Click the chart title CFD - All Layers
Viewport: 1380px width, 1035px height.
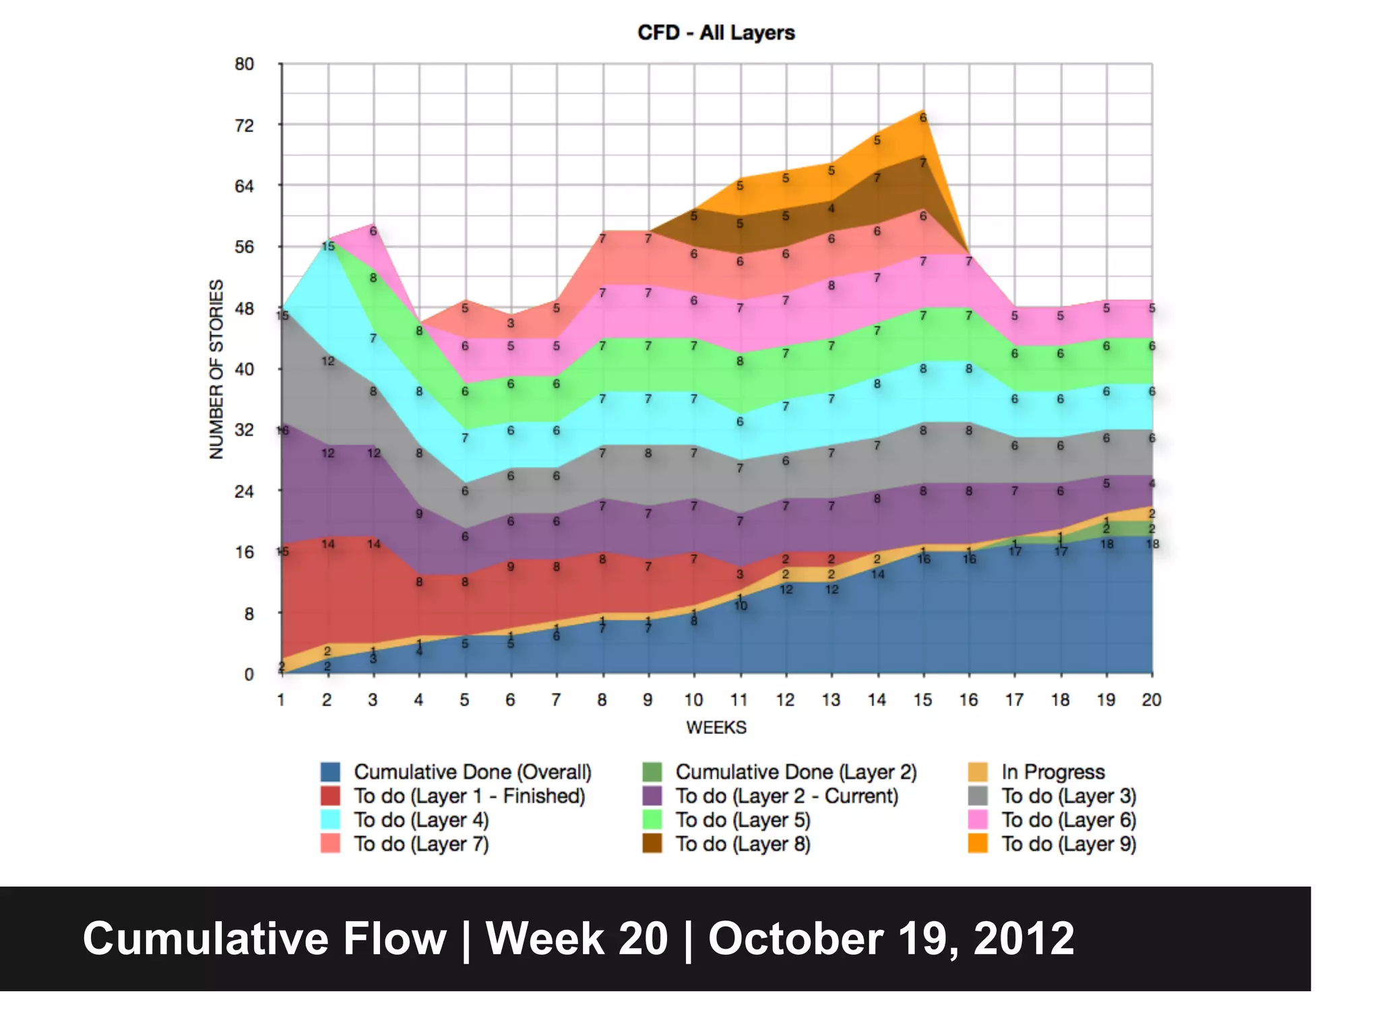(x=716, y=32)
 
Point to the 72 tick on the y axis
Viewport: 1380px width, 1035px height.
(x=244, y=125)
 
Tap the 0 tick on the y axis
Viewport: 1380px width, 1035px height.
(x=249, y=675)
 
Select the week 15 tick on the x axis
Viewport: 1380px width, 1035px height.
(x=922, y=700)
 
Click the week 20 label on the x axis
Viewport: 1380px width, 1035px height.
(x=1151, y=700)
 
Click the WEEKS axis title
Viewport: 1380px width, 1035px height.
(x=716, y=728)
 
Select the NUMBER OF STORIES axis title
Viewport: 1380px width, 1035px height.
(x=216, y=369)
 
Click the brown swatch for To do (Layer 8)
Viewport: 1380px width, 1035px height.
(x=652, y=844)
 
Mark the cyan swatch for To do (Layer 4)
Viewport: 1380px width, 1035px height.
(x=330, y=820)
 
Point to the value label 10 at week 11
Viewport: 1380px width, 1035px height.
(x=741, y=606)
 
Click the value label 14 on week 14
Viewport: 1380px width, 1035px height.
(x=877, y=574)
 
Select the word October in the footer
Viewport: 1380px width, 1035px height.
(x=795, y=939)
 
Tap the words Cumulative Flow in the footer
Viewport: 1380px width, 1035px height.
(x=265, y=939)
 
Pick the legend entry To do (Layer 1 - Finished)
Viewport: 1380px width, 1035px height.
(x=469, y=796)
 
